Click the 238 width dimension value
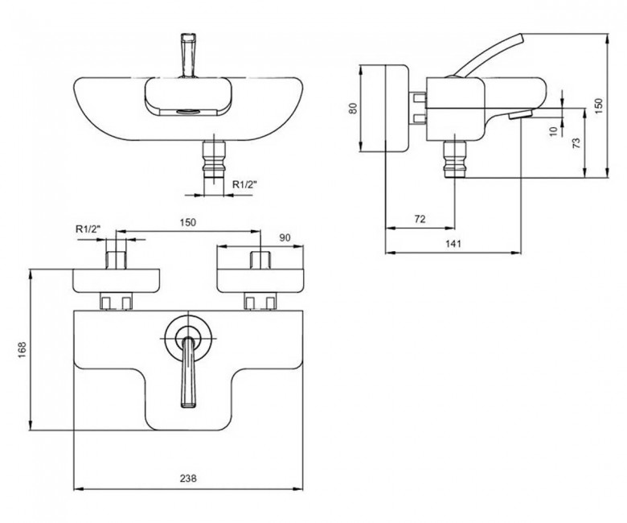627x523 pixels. (x=188, y=478)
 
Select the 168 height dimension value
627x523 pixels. (x=22, y=350)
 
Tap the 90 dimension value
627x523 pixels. (x=285, y=237)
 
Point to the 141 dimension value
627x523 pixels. (x=453, y=243)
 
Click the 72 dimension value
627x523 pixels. (x=420, y=219)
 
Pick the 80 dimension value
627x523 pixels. (x=353, y=108)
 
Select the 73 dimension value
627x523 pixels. (x=576, y=143)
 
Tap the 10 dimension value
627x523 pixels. (x=553, y=131)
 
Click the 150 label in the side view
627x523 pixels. (x=598, y=106)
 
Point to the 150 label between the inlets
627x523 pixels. (x=188, y=222)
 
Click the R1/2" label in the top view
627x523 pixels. (x=245, y=184)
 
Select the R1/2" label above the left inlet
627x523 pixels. (x=88, y=229)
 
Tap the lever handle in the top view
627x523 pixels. (x=189, y=56)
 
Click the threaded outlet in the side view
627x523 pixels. (x=456, y=159)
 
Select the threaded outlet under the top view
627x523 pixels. (x=215, y=159)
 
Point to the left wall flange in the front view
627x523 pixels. (x=117, y=281)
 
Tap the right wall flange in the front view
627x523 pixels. (x=260, y=281)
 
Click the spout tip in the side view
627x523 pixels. (x=520, y=114)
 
